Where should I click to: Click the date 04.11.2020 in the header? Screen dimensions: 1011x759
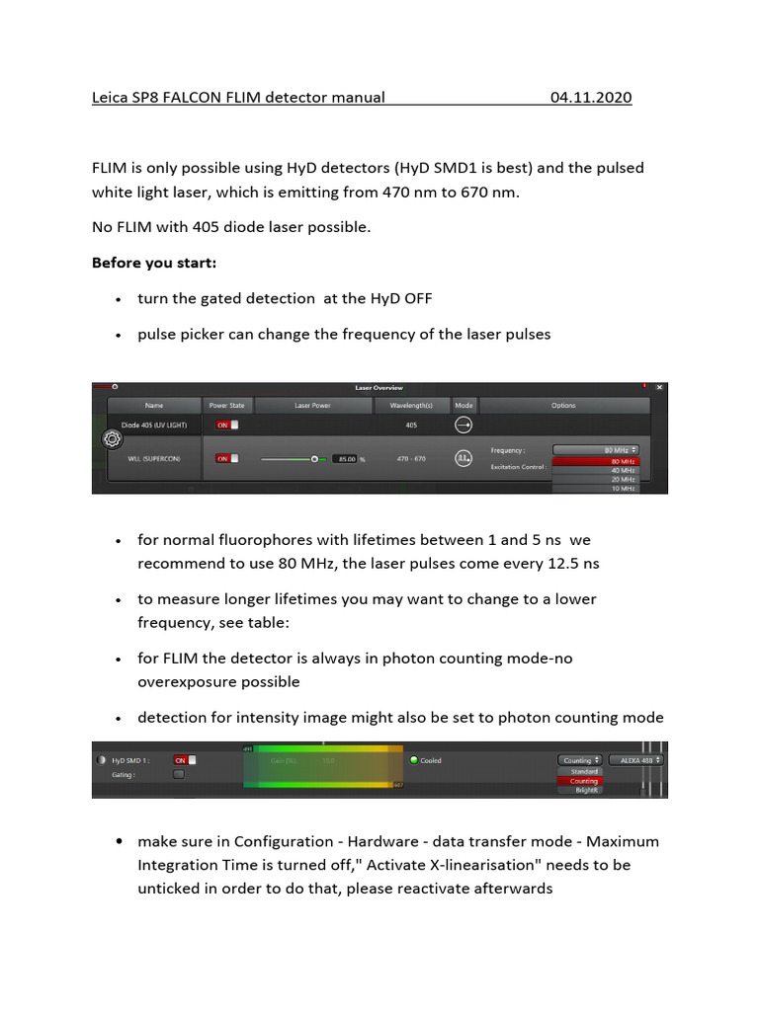point(590,98)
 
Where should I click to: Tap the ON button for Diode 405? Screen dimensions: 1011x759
point(227,426)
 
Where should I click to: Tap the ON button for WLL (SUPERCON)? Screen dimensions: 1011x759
point(227,459)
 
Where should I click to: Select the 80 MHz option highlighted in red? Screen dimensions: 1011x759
point(595,462)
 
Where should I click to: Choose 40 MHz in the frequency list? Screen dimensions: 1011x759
point(595,471)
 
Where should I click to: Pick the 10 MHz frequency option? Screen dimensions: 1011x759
point(595,488)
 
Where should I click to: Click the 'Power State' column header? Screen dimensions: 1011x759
point(226,405)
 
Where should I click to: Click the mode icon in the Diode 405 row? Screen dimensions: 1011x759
point(464,426)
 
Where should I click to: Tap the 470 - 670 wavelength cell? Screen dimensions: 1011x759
point(410,459)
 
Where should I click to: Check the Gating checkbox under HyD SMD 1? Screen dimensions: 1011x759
point(179,775)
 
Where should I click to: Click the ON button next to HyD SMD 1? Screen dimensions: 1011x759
point(185,760)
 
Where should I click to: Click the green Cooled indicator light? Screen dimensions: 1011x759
point(414,760)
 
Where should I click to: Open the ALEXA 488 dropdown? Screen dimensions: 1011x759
point(635,760)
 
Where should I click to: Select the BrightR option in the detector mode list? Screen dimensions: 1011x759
point(584,790)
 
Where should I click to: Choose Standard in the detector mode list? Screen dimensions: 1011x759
point(584,771)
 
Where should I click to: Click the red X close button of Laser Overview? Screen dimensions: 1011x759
point(659,388)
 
